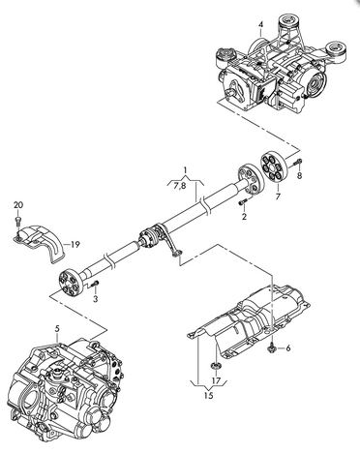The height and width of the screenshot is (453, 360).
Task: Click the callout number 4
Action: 260,24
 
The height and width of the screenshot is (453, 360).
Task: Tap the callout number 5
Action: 57,328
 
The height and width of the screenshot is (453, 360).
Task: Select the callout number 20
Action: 18,205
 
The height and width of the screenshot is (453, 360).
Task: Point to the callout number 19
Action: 75,245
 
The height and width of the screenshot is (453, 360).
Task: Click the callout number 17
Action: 216,380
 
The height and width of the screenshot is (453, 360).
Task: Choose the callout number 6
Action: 287,348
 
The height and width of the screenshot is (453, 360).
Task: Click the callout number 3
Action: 96,299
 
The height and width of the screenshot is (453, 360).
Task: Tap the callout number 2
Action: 244,217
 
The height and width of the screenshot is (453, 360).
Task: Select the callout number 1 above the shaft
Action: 185,169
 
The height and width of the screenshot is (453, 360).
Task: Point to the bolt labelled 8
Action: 297,163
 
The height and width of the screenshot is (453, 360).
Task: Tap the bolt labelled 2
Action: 243,202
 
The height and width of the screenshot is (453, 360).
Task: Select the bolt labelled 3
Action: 95,284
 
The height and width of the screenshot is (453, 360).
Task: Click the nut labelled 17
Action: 214,365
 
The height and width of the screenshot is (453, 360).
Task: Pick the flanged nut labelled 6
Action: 272,347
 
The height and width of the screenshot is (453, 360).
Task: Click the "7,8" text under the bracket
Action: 180,186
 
